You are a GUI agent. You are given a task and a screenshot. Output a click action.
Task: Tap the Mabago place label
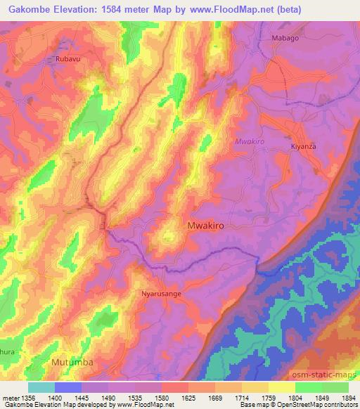coord(285,39)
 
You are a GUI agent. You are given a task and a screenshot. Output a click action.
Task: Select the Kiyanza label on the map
coord(305,146)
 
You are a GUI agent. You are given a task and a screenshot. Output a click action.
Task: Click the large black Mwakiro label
coord(209,226)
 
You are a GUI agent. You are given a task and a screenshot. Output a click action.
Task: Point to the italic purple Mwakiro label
coord(248,141)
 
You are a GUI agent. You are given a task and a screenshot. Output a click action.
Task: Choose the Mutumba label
coord(72,362)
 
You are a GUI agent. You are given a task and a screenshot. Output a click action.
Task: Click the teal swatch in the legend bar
coord(41,387)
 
